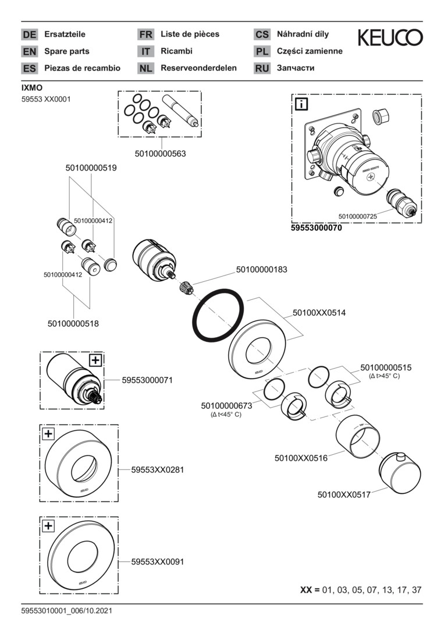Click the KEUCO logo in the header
coord(389,38)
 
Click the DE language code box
coord(29,35)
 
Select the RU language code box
coord(262,69)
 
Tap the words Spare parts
coord(67,51)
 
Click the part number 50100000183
coord(262,270)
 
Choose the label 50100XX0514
coord(319,313)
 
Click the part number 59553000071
coord(147,380)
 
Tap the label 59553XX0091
coord(158,562)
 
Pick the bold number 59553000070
coord(316,229)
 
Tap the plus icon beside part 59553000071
coord(95,360)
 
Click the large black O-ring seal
coord(218,314)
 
